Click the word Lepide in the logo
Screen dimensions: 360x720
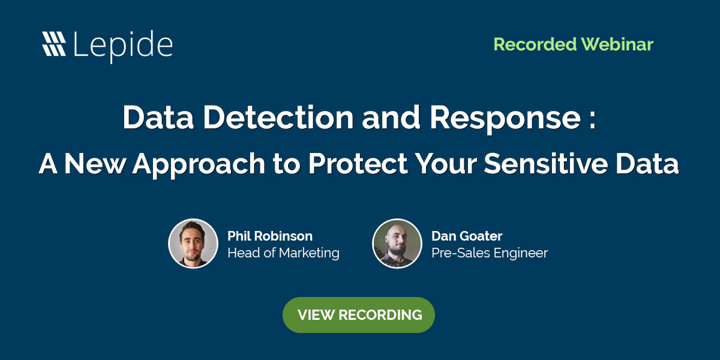point(123,44)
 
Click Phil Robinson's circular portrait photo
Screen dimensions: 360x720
point(193,243)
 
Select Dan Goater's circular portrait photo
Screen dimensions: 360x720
point(397,243)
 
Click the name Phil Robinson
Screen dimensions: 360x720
point(270,236)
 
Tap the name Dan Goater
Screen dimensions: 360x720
point(466,236)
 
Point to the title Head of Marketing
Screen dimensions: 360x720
point(283,253)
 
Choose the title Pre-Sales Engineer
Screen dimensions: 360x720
point(489,253)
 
